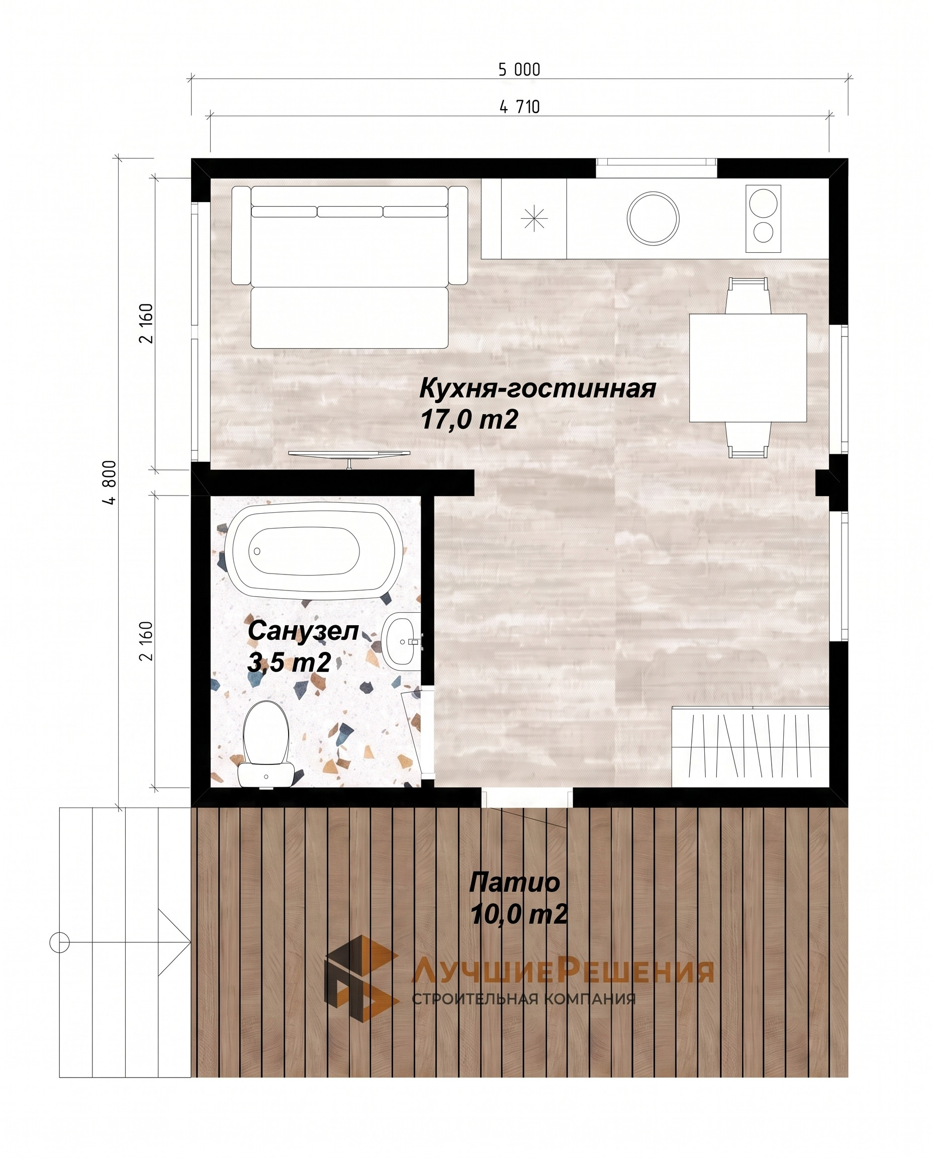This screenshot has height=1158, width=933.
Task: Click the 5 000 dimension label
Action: (x=519, y=70)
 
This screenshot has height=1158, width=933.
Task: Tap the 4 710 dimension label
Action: (x=520, y=107)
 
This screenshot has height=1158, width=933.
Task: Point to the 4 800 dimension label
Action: (x=110, y=482)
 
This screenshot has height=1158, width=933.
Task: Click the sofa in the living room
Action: (x=349, y=266)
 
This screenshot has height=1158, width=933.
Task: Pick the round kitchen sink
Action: (x=653, y=218)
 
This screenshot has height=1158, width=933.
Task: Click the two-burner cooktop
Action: (x=763, y=219)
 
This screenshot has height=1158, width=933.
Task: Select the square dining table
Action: (x=748, y=368)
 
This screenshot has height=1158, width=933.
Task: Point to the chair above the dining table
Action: (x=748, y=296)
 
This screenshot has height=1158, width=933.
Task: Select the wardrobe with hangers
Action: (x=750, y=747)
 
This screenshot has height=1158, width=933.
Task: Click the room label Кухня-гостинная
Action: (x=537, y=389)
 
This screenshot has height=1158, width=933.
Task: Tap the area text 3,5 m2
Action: (x=289, y=662)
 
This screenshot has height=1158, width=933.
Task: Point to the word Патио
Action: (x=514, y=883)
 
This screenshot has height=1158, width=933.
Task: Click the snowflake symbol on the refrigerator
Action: (x=534, y=219)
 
